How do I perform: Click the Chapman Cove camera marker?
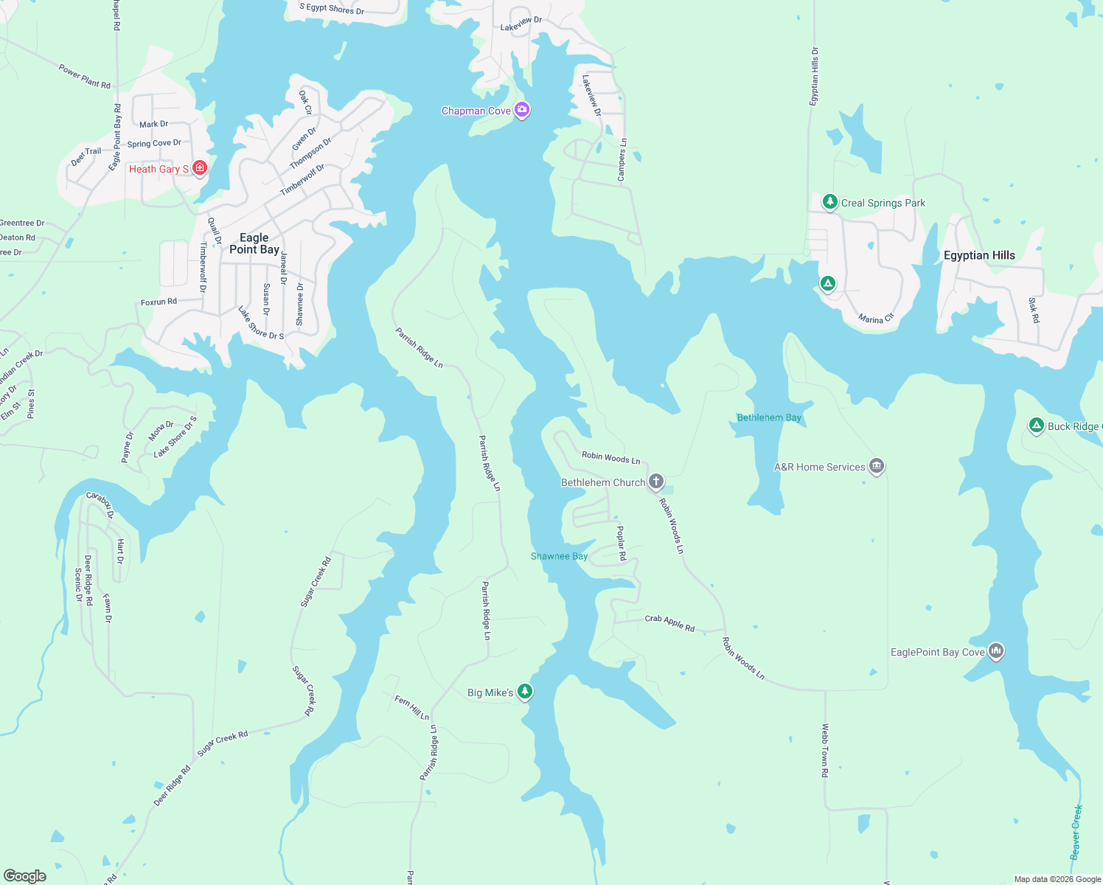coord(522,110)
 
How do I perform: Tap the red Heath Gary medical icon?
coord(199,168)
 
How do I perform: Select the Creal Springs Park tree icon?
coord(830,201)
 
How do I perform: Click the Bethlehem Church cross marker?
coord(656,482)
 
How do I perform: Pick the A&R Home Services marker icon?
coord(877,466)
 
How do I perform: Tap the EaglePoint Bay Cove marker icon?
coord(996,650)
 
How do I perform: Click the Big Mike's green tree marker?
coord(525,691)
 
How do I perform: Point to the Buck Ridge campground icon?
coord(1037,426)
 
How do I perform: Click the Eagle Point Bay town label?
coord(254,243)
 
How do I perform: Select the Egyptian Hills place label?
coord(979,255)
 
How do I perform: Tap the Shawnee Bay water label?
coord(559,556)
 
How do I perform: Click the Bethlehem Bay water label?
coord(769,417)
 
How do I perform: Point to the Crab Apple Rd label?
coord(669,623)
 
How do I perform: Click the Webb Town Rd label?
coord(825,750)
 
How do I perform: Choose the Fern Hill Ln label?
coord(412,707)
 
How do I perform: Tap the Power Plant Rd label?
coord(85,77)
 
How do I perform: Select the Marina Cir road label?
coord(876,319)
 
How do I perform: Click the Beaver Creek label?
coord(1076,832)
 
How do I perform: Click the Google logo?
coord(25,875)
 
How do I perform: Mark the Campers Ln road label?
coord(622,160)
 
